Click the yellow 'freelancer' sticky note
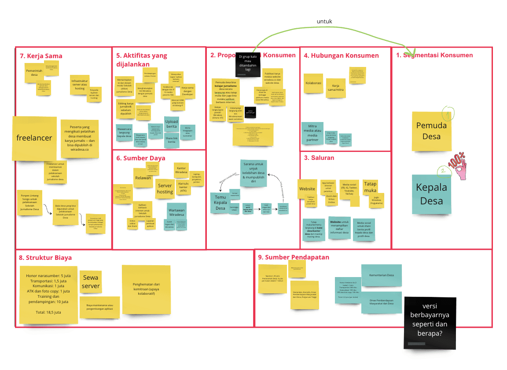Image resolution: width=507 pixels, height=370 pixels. [34, 138]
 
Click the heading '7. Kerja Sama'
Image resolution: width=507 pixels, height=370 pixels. [41, 56]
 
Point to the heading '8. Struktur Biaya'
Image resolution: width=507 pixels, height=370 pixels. [45, 258]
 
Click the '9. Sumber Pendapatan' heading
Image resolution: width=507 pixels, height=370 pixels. [294, 257]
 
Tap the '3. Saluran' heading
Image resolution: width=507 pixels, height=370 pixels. [319, 158]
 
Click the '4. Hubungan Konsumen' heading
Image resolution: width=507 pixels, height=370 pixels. [341, 55]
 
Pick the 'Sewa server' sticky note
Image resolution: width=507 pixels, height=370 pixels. [91, 281]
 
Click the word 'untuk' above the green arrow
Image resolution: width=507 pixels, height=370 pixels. [324, 22]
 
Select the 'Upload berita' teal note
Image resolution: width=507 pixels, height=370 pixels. [172, 124]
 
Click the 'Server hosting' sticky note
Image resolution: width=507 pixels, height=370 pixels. [165, 189]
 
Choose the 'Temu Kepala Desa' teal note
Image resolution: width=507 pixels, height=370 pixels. [220, 202]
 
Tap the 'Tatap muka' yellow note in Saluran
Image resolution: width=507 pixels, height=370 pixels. [370, 187]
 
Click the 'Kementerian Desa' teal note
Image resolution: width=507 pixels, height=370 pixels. [382, 275]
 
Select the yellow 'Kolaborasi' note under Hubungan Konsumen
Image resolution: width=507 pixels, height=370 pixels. [313, 83]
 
